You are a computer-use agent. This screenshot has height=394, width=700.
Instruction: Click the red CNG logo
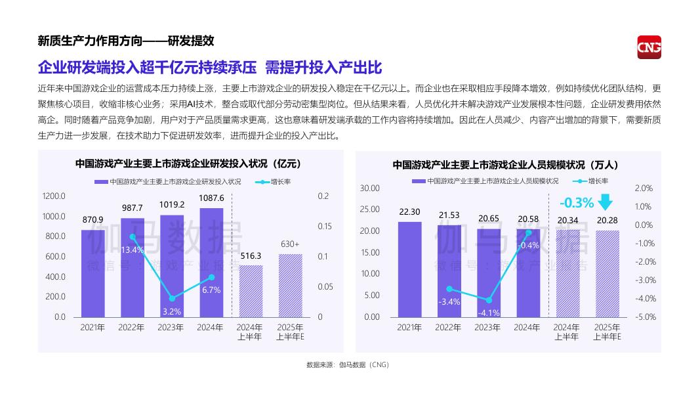click(x=649, y=47)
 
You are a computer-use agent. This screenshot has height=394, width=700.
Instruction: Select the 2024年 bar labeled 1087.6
click(x=211, y=263)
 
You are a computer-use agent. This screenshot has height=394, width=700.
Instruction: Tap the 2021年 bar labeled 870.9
click(x=93, y=273)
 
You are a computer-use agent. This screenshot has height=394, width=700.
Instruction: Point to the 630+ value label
click(x=290, y=244)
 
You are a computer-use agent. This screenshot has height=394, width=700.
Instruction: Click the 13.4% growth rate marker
click(x=133, y=237)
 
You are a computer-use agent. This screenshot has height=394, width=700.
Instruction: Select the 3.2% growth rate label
click(x=172, y=311)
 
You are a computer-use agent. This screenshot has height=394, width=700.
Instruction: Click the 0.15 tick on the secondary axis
click(x=324, y=227)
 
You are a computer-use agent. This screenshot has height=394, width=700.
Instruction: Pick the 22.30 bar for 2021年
click(x=410, y=269)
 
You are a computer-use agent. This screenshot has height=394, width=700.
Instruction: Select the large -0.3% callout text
click(x=576, y=202)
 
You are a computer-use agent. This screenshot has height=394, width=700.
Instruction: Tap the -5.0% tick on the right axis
click(x=644, y=317)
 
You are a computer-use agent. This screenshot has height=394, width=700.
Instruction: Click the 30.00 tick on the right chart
click(x=370, y=188)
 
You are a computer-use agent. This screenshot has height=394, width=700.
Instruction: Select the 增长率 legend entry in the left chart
click(x=276, y=181)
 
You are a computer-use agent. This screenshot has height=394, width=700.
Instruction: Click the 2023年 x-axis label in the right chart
click(x=487, y=328)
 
